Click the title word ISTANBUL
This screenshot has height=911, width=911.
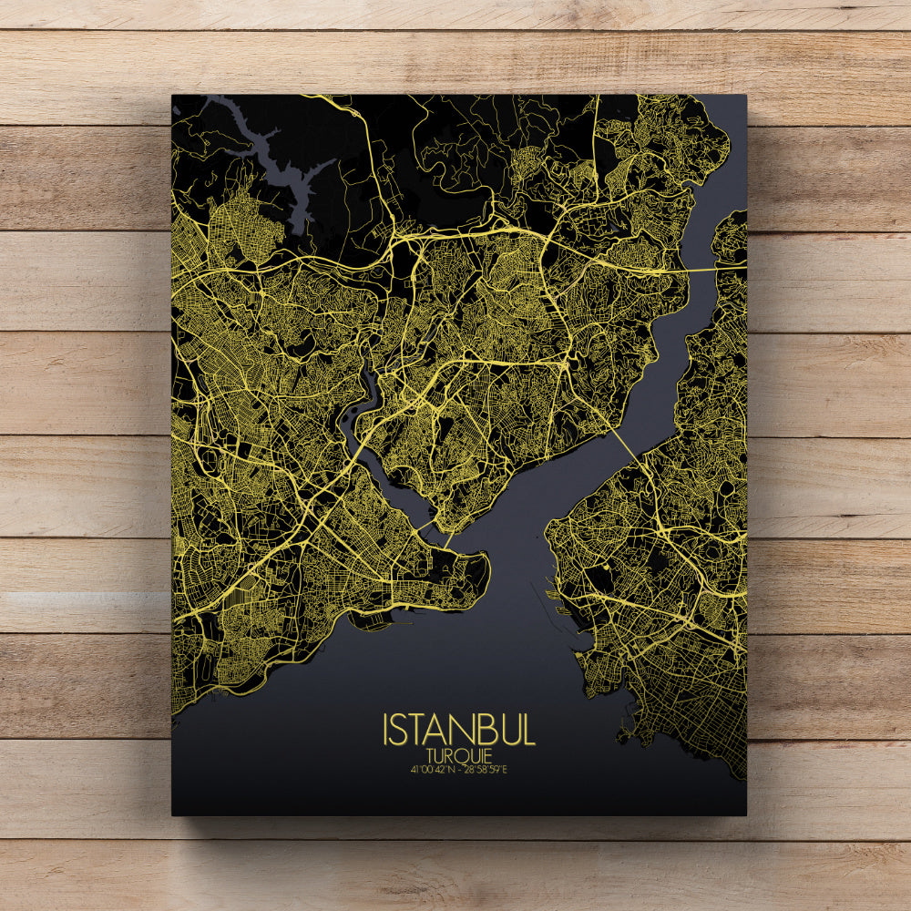459,730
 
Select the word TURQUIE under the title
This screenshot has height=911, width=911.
459,755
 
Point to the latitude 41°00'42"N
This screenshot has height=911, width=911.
434,770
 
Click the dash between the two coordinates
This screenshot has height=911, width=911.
461,770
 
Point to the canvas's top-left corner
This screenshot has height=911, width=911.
173,96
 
